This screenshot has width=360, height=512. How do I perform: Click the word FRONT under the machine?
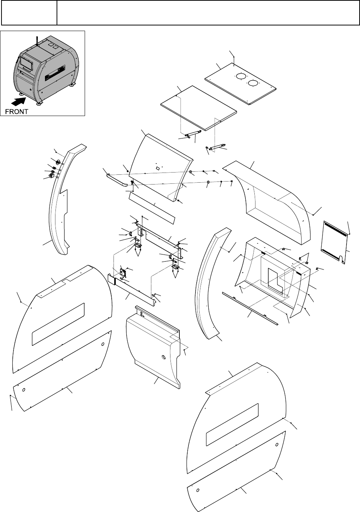coord(16,111)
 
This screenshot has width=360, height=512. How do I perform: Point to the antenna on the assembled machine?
coord(37,41)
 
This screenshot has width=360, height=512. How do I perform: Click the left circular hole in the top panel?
coord(240,76)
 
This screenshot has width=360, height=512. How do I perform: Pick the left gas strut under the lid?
coord(193,134)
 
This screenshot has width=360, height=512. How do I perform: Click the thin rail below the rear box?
coord(249,308)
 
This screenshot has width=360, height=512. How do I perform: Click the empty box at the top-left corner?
coord(28,13)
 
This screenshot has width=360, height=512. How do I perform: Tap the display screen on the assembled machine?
coord(26,62)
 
